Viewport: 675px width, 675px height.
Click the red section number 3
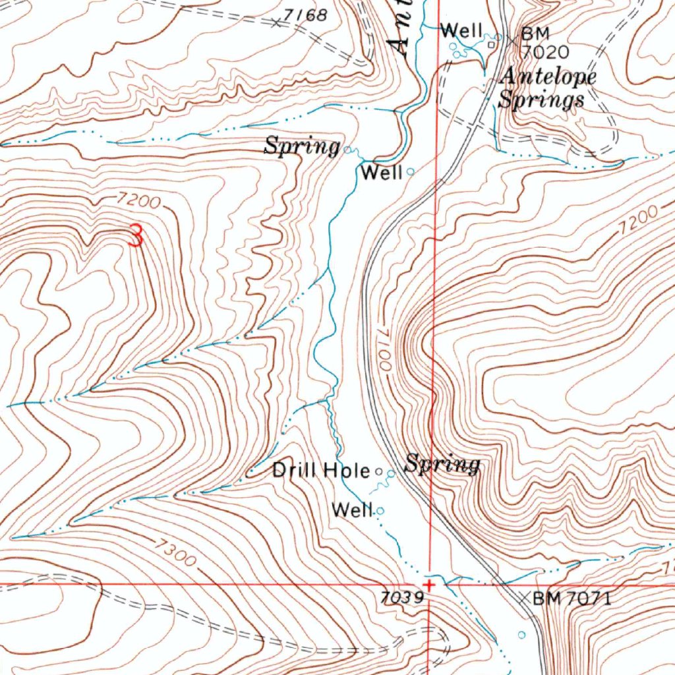coord(135,235)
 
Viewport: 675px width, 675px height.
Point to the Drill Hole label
coord(321,470)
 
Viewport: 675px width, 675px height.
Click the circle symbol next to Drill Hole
coord(378,471)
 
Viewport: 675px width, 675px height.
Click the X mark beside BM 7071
coord(523,599)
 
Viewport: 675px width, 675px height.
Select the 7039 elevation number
coord(401,597)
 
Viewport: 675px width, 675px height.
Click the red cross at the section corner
coord(430,585)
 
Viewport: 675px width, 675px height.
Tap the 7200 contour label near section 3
coord(139,200)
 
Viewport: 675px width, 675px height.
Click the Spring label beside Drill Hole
coord(442,464)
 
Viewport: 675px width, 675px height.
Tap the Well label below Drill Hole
coord(353,510)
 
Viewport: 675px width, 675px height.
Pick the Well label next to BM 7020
coord(462,30)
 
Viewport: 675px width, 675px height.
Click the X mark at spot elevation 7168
coord(276,23)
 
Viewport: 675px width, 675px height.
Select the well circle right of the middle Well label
coord(411,171)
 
